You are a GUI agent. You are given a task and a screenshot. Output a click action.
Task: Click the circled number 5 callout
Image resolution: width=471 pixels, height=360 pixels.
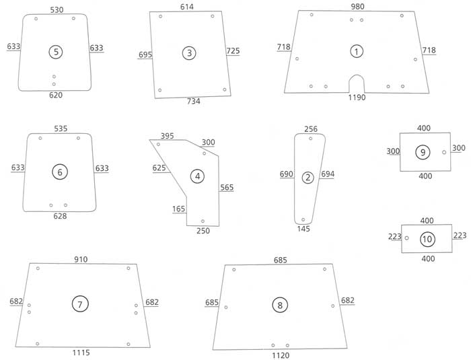56,52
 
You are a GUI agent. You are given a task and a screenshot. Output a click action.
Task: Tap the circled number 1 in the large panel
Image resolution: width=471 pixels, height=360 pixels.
356,50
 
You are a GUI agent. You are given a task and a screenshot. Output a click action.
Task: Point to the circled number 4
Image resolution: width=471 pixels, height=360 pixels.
197,176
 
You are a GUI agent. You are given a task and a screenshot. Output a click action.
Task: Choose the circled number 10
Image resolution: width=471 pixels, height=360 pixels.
427,239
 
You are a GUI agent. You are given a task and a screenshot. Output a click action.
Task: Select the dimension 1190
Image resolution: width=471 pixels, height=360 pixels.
357,98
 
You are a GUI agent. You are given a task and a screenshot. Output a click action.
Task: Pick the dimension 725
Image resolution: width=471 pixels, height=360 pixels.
233,51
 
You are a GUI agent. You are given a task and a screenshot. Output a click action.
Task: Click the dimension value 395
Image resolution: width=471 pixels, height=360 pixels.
168,136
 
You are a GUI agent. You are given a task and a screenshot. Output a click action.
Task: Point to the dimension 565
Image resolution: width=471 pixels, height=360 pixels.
227,188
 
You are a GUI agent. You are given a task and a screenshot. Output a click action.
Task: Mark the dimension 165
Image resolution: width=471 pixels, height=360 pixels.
178,209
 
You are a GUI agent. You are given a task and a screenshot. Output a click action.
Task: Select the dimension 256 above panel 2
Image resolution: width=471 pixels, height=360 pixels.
310,129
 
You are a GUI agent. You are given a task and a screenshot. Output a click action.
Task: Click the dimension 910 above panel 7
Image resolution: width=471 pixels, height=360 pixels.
81,259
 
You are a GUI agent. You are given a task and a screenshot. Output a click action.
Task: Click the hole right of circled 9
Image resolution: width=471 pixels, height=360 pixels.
444,152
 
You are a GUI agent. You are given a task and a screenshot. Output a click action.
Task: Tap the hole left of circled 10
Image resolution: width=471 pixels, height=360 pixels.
406,238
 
